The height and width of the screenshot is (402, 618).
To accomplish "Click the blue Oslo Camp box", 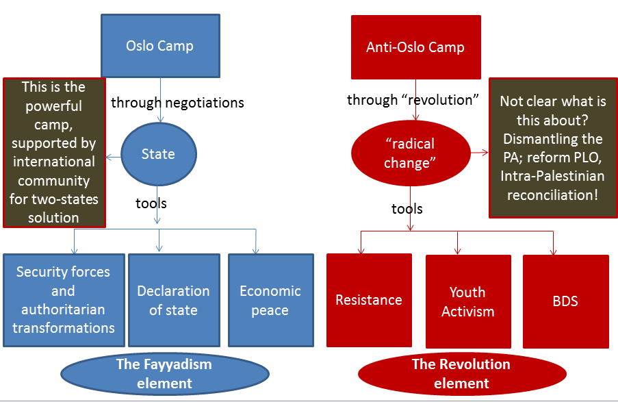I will (x=160, y=46).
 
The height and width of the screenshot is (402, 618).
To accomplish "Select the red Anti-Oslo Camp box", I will (x=415, y=47).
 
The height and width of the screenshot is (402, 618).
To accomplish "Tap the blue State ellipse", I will (x=159, y=154).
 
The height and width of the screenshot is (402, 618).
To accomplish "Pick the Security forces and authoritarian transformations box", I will (x=64, y=300).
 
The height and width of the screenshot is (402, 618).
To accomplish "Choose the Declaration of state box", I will (x=173, y=300).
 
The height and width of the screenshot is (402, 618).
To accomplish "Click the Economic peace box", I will (x=270, y=300).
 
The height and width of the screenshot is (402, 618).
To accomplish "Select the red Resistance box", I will (x=369, y=300).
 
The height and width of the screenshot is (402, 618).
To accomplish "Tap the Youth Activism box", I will (x=468, y=301).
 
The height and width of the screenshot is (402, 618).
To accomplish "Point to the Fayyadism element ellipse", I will (x=164, y=373).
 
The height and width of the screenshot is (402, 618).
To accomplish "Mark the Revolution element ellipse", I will (x=462, y=373).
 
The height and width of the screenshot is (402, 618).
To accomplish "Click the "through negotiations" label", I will (x=177, y=103).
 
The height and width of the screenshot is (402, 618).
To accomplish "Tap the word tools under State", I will (x=151, y=203).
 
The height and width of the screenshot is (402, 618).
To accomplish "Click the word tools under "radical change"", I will (x=407, y=209).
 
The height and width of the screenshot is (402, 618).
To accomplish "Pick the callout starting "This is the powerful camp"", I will (x=54, y=152).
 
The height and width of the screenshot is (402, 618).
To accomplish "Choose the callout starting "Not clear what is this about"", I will (x=553, y=148).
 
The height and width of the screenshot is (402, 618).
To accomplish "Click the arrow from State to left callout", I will (x=113, y=156).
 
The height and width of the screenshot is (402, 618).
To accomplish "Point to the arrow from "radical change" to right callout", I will (x=479, y=152).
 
